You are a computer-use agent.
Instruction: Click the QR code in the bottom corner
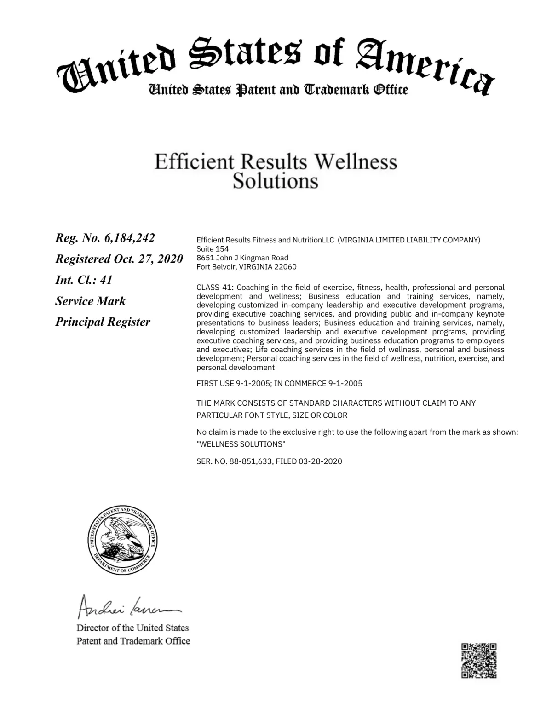(x=479, y=660)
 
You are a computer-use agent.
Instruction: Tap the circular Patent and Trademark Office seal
(x=123, y=541)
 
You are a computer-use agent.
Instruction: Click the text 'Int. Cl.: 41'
(x=84, y=280)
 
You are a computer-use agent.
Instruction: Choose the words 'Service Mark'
(x=90, y=301)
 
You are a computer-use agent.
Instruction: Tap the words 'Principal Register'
(x=103, y=322)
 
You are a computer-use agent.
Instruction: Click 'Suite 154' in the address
(x=213, y=249)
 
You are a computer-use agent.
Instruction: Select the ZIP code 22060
(x=285, y=267)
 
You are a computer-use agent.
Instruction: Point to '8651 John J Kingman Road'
(x=242, y=258)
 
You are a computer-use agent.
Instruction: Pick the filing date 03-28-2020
(x=320, y=461)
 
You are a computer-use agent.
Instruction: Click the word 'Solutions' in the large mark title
(x=275, y=181)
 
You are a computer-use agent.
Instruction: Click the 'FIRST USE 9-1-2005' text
(x=233, y=383)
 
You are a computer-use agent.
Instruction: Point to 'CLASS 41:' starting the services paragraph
(x=214, y=288)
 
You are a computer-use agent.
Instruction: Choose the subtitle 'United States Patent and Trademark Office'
(x=277, y=90)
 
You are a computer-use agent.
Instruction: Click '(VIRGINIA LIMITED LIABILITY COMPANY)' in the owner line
(x=408, y=240)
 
